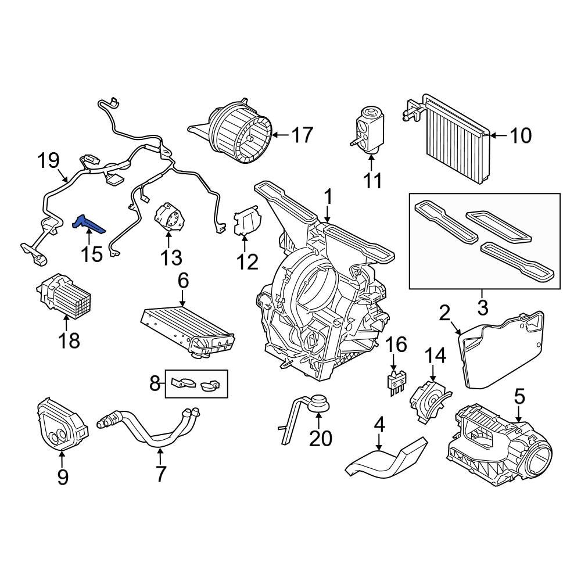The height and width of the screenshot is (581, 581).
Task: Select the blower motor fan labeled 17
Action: click(241, 132)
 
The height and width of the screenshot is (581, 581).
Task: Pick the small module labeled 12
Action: click(247, 223)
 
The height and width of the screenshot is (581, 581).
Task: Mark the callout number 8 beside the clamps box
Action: click(154, 383)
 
